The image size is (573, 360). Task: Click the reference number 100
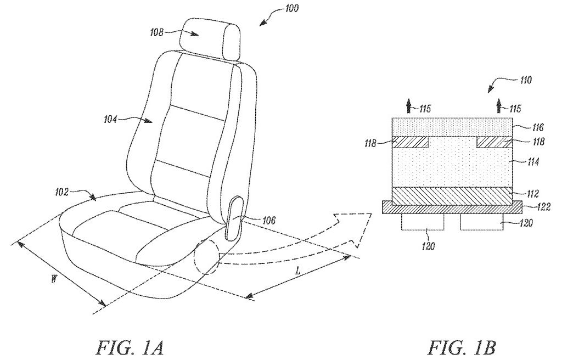291,8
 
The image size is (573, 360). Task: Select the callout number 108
157,32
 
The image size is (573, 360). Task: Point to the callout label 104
110,119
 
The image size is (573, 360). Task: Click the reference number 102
62,192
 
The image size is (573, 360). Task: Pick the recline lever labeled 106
234,218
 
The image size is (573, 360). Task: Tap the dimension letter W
54,279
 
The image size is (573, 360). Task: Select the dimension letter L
298,271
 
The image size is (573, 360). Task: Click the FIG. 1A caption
130,347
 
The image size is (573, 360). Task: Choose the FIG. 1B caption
462,347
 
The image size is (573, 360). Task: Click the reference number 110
525,80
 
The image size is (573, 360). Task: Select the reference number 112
531,194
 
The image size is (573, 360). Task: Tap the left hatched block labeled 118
410,142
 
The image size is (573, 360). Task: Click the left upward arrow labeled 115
409,106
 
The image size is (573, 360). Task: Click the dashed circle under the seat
206,256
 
